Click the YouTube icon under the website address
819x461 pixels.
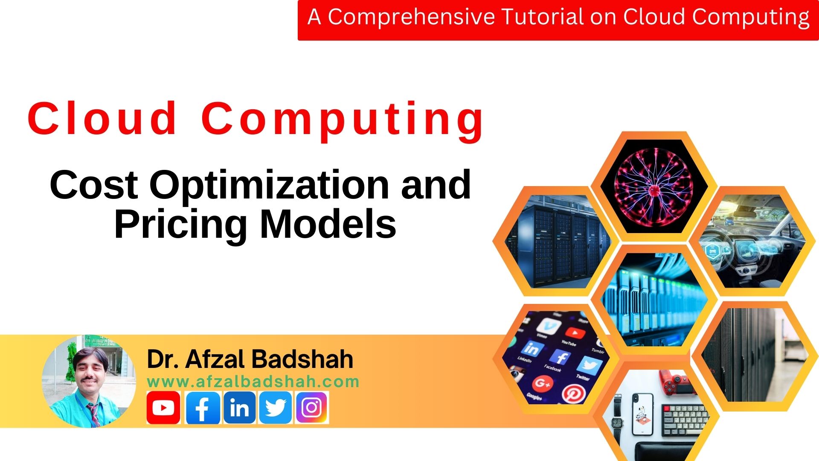(163, 408)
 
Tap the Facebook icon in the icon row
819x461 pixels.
(203, 408)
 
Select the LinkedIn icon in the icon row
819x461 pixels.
(239, 408)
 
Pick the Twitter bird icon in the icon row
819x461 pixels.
(276, 408)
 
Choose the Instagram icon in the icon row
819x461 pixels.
(312, 408)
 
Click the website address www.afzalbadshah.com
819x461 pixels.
(253, 382)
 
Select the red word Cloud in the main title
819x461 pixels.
(102, 118)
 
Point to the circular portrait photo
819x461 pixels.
(89, 381)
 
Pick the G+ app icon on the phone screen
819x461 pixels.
(542, 383)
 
